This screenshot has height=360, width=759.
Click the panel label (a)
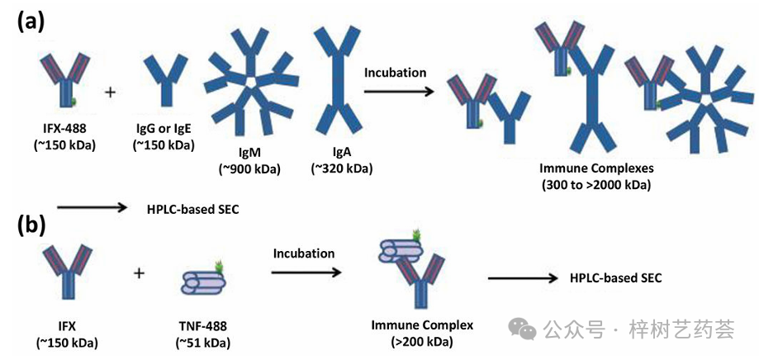click(31, 21)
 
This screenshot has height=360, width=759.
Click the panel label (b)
click(31, 224)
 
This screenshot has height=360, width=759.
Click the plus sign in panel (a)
click(110, 90)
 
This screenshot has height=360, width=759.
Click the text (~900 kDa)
click(249, 170)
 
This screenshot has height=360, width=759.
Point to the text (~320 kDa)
click(341, 169)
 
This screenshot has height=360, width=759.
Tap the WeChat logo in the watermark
click(522, 329)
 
